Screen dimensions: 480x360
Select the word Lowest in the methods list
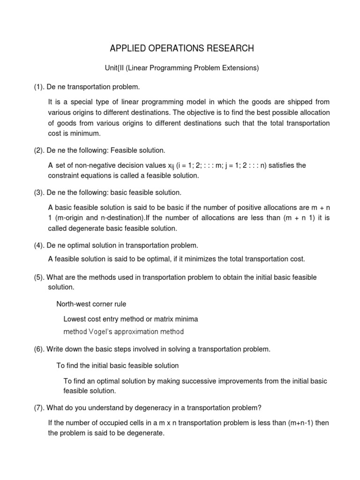click(x=75, y=319)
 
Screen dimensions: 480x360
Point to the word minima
click(x=186, y=319)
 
